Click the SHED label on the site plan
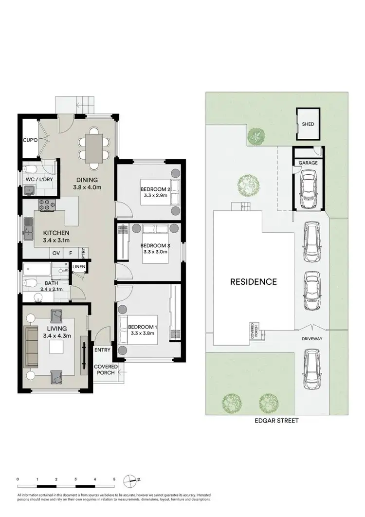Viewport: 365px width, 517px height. click(308, 124)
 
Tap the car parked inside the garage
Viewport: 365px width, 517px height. click(309, 187)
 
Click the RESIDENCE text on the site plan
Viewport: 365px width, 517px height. click(253, 281)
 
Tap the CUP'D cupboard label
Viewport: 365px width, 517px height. click(30, 141)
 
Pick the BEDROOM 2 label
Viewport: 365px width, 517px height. click(156, 189)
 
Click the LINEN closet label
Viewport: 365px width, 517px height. click(79, 267)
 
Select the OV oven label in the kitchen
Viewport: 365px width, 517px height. click(56, 253)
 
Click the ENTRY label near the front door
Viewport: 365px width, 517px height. click(103, 349)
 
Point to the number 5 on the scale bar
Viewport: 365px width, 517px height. click(114, 480)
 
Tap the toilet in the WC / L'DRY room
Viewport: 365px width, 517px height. click(30, 169)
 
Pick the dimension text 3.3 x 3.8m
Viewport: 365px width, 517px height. click(142, 333)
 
